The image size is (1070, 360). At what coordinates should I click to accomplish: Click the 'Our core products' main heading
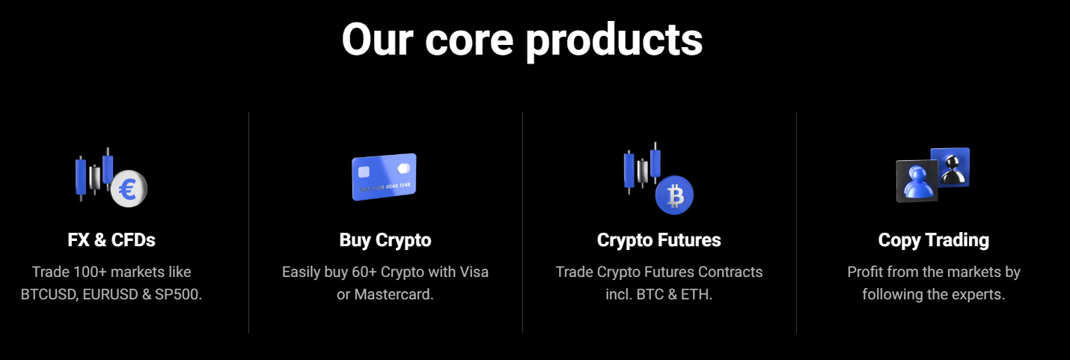pyautogui.click(x=522, y=40)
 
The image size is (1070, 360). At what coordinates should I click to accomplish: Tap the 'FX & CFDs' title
pyautogui.click(x=111, y=240)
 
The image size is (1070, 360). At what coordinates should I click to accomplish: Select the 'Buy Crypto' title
pyautogui.click(x=385, y=240)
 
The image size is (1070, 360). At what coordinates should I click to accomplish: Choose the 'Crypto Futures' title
pyautogui.click(x=658, y=240)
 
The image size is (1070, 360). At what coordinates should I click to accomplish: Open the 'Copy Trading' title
pyautogui.click(x=933, y=240)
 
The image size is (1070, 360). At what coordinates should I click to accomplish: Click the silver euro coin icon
pyautogui.click(x=129, y=189)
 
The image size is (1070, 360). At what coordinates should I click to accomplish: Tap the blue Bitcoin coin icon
pyautogui.click(x=674, y=195)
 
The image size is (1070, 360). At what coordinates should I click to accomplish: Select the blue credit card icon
pyautogui.click(x=384, y=177)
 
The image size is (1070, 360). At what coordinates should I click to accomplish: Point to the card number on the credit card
pyautogui.click(x=385, y=187)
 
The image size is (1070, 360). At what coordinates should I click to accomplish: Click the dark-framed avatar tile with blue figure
pyautogui.click(x=917, y=181)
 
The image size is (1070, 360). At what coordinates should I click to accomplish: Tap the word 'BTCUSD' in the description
pyautogui.click(x=49, y=294)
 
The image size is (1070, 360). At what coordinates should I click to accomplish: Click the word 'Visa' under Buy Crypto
pyautogui.click(x=474, y=272)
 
